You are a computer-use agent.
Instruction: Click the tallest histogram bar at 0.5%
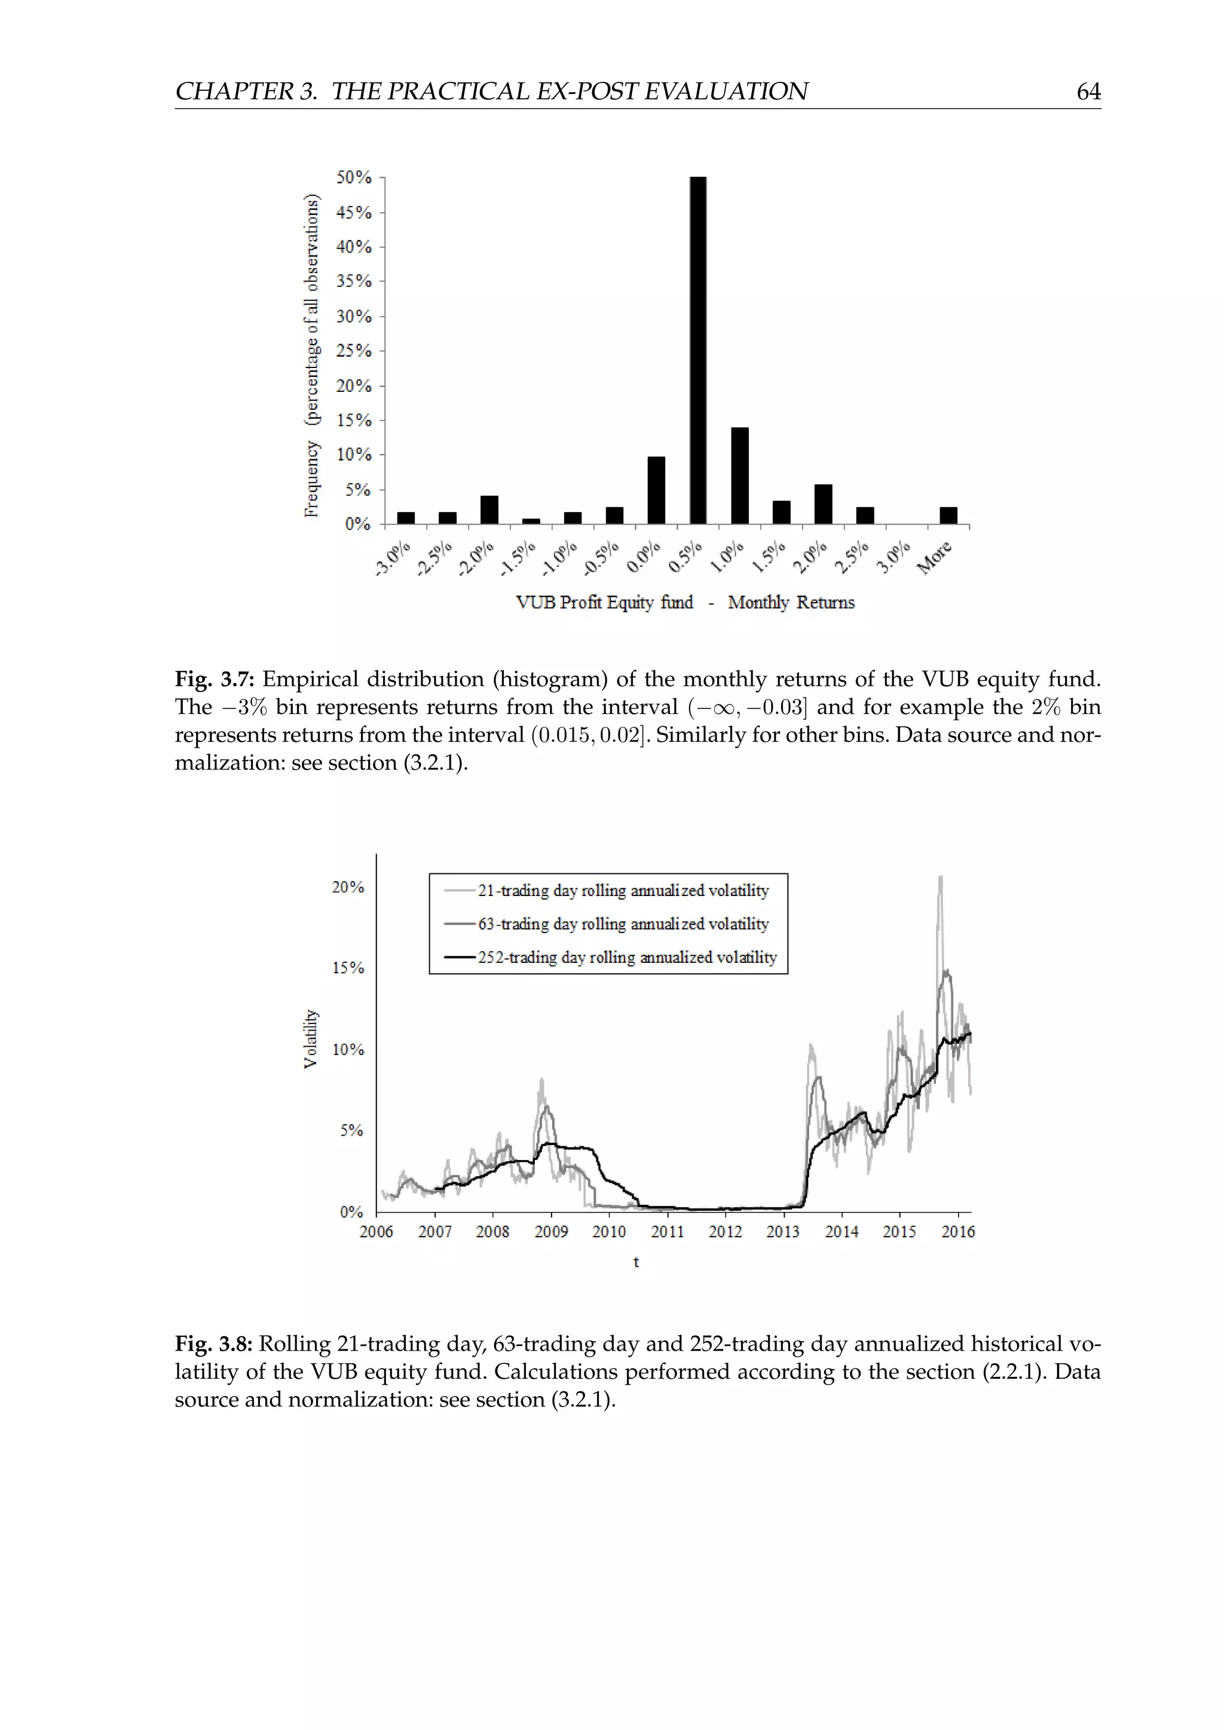[x=698, y=351]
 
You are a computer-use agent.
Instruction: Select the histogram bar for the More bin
[x=948, y=516]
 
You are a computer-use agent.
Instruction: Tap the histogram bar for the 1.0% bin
[x=739, y=476]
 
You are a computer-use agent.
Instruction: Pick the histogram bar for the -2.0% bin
[x=489, y=510]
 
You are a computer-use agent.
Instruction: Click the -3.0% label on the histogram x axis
[x=392, y=559]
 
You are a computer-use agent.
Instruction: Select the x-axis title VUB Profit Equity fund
[x=604, y=603]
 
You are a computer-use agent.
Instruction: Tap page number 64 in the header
[x=1088, y=92]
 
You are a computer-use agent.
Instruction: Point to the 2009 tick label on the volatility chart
[x=551, y=1231]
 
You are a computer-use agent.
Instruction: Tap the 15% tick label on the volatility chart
[x=348, y=968]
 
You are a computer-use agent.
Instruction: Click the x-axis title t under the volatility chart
[x=636, y=1262]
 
